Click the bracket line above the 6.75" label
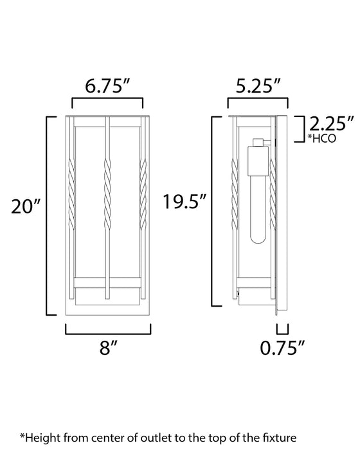(107, 100)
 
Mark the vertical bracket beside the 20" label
(46, 215)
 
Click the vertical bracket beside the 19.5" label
(213, 209)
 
